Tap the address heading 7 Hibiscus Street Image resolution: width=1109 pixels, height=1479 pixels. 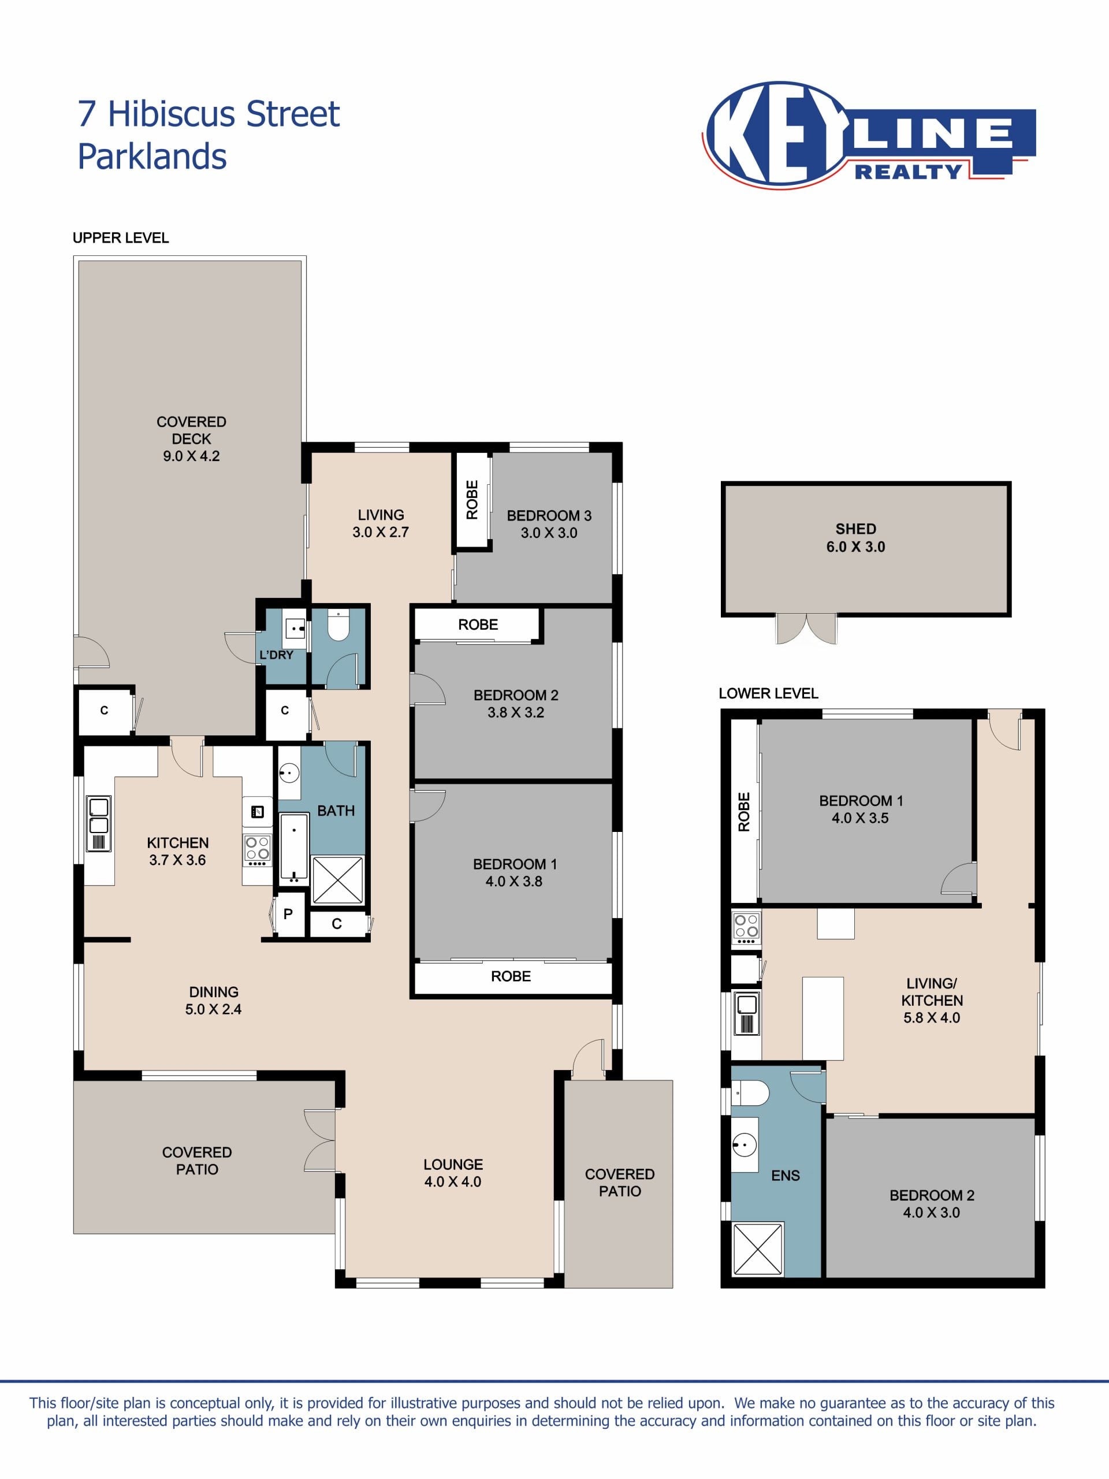coord(209,114)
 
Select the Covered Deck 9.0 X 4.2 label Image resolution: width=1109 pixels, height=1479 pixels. coord(191,439)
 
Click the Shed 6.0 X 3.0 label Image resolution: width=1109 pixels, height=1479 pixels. coord(855,537)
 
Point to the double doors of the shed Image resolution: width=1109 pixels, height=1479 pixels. coord(806,629)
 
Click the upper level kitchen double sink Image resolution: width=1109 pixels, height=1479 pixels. coord(98,824)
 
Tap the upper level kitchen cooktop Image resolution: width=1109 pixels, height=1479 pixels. coord(258,850)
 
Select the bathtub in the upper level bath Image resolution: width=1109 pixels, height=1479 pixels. coord(293,846)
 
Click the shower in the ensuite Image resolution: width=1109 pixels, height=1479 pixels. coord(758,1250)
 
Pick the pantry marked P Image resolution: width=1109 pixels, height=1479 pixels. coord(289,914)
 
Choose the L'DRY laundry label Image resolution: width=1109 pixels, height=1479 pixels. coord(276,655)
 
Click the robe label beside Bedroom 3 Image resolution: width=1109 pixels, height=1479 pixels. coord(472,500)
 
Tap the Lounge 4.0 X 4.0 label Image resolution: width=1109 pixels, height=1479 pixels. coord(453,1173)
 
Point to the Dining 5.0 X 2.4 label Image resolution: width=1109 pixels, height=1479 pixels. coord(213,1000)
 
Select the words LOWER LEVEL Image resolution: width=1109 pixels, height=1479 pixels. coord(768,693)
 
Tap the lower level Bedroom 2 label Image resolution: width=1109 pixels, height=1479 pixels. coord(931,1203)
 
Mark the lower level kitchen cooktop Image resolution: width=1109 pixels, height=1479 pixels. coord(746,927)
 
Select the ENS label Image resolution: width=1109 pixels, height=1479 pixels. coord(786,1176)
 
